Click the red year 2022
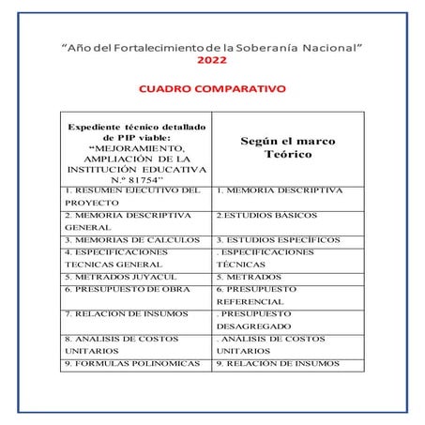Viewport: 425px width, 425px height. tap(212, 60)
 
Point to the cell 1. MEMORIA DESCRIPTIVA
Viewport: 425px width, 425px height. tap(279, 190)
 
